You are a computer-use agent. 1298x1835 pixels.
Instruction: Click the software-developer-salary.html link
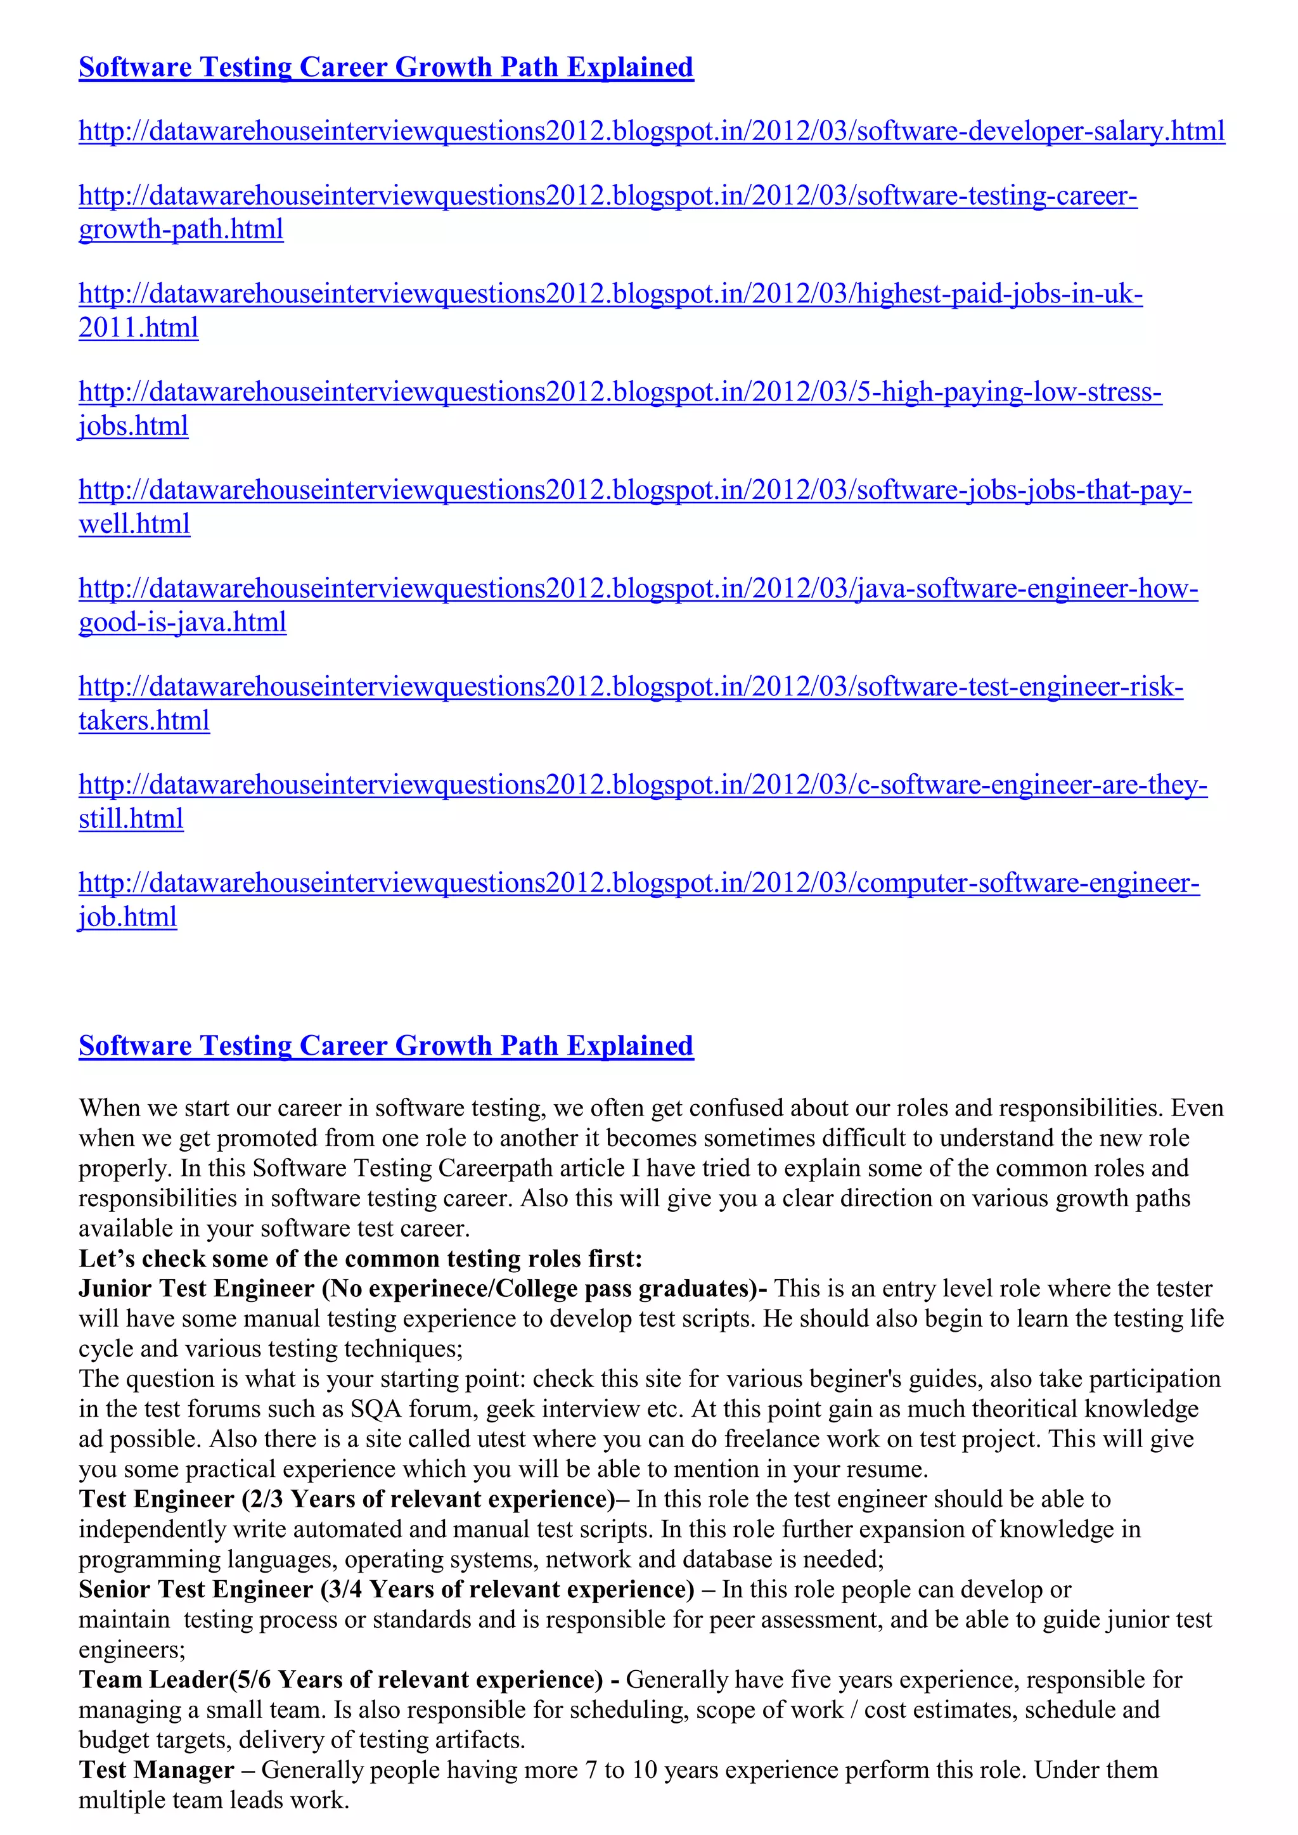tap(651, 131)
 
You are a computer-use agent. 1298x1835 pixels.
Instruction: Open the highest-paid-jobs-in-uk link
tap(610, 294)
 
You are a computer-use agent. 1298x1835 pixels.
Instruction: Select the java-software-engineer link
tap(638, 589)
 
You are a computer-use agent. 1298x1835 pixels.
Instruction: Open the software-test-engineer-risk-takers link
tap(630, 687)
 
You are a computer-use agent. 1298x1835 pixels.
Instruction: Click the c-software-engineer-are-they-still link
tap(642, 785)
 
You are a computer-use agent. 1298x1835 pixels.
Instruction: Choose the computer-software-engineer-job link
tap(639, 883)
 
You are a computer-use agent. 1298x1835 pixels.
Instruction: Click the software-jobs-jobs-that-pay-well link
tap(634, 491)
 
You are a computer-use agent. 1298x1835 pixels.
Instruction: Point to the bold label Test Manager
tap(157, 1770)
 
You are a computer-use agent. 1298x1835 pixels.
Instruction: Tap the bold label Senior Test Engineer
tap(196, 1590)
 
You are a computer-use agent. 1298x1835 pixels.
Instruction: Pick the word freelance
tap(773, 1439)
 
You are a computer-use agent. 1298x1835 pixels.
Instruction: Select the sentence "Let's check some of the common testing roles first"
tap(359, 1259)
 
